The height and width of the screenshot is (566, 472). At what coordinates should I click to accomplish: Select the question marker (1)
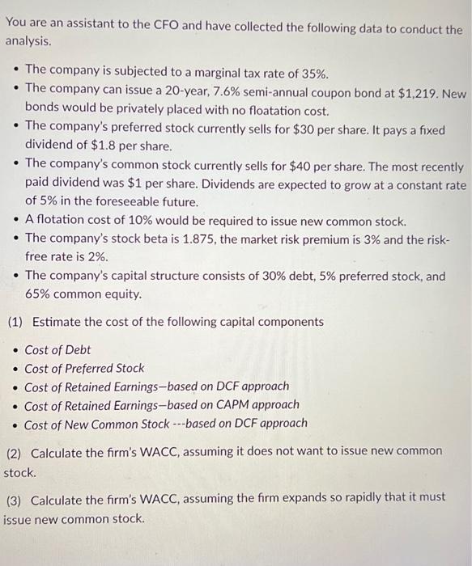click(x=15, y=322)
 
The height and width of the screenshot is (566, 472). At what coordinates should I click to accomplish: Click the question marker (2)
click(x=15, y=450)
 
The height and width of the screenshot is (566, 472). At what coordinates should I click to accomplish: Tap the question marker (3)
click(x=15, y=500)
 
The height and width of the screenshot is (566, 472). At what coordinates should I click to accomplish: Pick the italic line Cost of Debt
click(x=57, y=349)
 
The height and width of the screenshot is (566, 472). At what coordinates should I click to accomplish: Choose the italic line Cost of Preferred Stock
click(x=84, y=368)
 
